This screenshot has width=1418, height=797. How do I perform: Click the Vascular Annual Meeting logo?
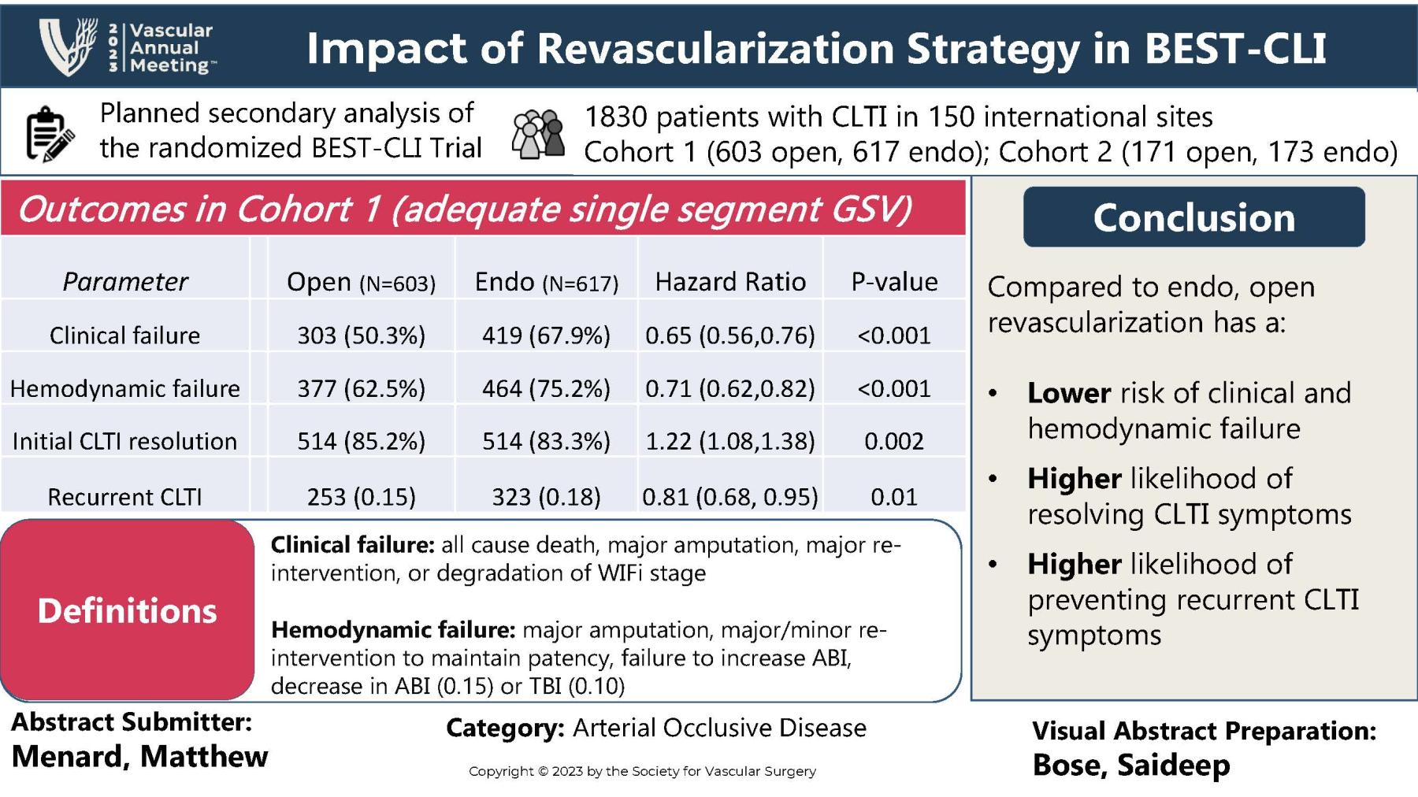coord(126,47)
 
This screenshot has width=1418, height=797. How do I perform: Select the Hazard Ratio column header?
coord(730,282)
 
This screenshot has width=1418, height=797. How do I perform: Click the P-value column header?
coord(894,282)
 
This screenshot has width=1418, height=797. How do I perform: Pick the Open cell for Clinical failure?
coord(361,335)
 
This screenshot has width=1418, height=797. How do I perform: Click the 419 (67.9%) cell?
coord(546,335)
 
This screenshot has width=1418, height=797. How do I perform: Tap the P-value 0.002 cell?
coord(894,441)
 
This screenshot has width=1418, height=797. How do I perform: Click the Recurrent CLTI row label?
coord(124,497)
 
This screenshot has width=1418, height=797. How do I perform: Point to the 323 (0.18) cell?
coord(546,497)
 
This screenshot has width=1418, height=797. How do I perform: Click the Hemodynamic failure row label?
coord(124,388)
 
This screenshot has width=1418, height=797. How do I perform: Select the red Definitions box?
coord(128,610)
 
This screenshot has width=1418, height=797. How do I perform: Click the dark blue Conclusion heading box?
coord(1193,217)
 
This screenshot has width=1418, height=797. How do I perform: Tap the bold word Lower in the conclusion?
coord(1069,393)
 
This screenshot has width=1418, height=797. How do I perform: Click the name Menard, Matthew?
coord(139,756)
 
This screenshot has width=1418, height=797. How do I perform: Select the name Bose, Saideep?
coord(1130,765)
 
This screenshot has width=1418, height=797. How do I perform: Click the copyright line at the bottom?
coord(642,771)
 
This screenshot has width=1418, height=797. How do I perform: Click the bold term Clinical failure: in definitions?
coord(352,545)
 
